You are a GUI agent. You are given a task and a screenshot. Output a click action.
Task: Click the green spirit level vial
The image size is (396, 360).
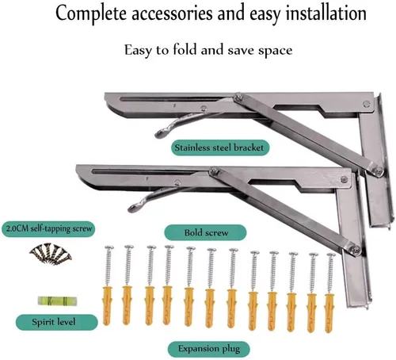pyautogui.click(x=58, y=301)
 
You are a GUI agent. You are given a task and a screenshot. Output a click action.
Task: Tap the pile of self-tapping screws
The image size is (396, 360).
pyautogui.click(x=51, y=254)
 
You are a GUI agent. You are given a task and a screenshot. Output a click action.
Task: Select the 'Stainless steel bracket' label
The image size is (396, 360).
pyautogui.click(x=219, y=147)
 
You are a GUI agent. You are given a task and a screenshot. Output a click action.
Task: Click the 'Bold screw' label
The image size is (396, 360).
pyautogui.click(x=206, y=232)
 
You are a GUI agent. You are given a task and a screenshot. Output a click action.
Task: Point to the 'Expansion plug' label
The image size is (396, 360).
pyautogui.click(x=209, y=349)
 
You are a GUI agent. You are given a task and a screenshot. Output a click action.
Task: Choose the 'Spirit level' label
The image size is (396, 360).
pyautogui.click(x=54, y=322)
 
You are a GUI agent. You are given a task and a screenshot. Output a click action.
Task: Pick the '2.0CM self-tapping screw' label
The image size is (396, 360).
pyautogui.click(x=49, y=228)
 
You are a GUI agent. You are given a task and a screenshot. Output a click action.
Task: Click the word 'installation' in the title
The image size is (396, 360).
pyautogui.click(x=326, y=13)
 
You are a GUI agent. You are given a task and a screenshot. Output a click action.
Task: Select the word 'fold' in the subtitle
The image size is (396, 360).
pyautogui.click(x=185, y=50)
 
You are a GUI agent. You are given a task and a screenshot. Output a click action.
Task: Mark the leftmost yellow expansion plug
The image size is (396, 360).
pyautogui.click(x=107, y=305)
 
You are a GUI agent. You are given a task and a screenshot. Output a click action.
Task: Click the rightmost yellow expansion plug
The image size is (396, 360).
pyautogui.click(x=329, y=312)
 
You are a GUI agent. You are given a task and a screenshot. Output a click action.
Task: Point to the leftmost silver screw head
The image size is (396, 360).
pyautogui.click(x=109, y=247)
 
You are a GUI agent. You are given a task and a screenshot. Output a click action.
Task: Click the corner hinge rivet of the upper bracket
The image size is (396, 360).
pyautogui.click(x=366, y=104)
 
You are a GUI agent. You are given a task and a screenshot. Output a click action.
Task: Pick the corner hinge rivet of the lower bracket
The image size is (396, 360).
pyautogui.click(x=344, y=179)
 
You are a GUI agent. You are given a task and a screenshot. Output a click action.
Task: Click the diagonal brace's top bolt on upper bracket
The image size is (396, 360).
pyautogui.click(x=239, y=97)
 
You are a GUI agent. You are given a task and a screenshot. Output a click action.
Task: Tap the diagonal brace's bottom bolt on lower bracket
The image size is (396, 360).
pyautogui.click(x=356, y=250)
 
